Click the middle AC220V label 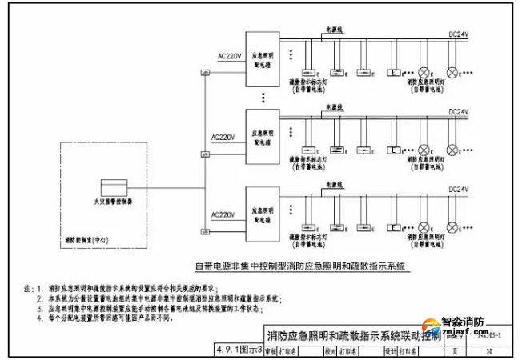point(227,137)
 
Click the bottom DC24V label point(458,190)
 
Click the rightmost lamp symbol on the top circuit point(453,72)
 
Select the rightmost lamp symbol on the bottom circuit point(453,229)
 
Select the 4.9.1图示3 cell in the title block point(239,350)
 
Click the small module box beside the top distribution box point(206,74)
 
